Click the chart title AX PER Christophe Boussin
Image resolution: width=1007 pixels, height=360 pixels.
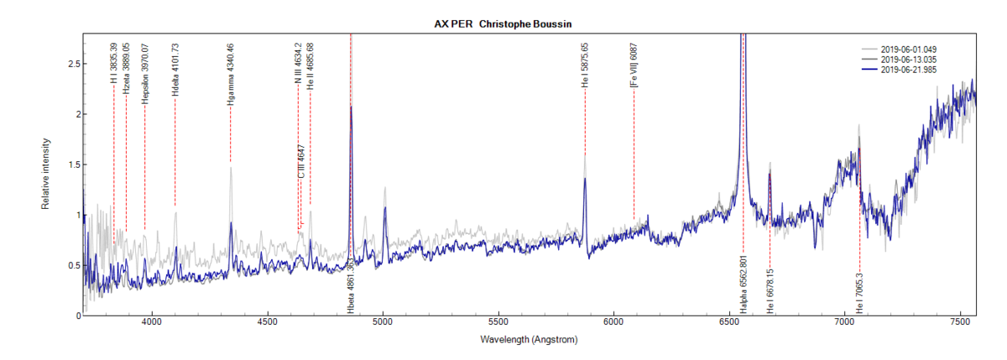503,23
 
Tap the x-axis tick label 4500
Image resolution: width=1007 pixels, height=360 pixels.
268,322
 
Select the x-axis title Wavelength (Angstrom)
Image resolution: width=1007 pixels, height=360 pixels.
530,341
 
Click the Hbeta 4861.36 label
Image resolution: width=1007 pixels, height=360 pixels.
351,285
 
